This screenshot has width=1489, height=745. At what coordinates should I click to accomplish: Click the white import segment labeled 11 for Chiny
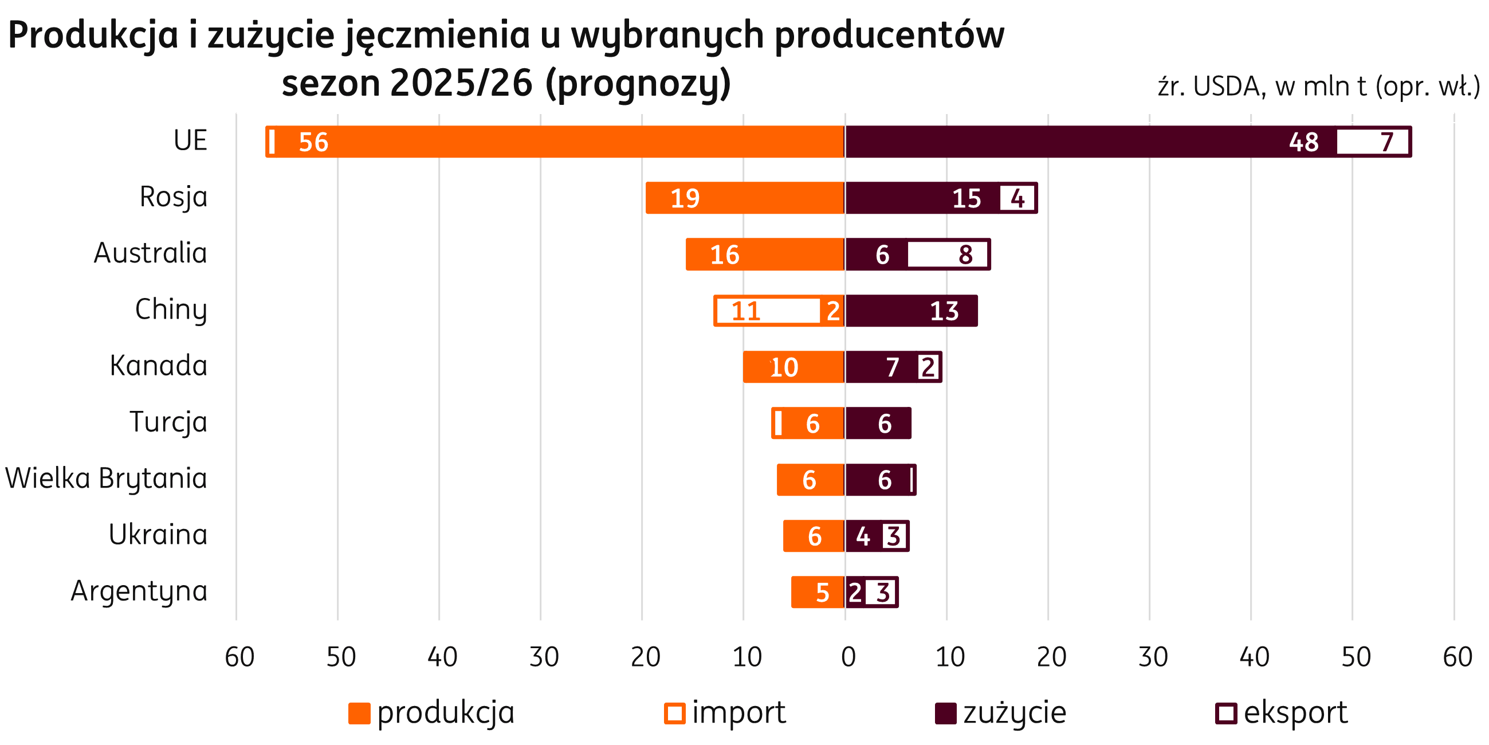pos(768,311)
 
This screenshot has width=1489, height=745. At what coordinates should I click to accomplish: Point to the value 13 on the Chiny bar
pos(944,311)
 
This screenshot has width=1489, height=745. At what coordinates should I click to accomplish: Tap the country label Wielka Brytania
pos(107,479)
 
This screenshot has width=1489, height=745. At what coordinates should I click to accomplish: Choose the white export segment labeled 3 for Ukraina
pos(894,536)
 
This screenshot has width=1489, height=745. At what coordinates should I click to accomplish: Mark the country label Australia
pos(150,253)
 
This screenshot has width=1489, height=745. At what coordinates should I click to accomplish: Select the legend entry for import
pos(725,712)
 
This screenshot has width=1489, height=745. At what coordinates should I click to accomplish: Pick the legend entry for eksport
pos(1282,712)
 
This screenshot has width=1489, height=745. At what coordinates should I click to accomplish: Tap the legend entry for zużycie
pos(1001,712)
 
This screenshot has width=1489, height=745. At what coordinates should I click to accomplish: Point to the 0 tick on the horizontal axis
pos(846,657)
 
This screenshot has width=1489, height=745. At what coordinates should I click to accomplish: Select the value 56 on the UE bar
pos(313,142)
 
